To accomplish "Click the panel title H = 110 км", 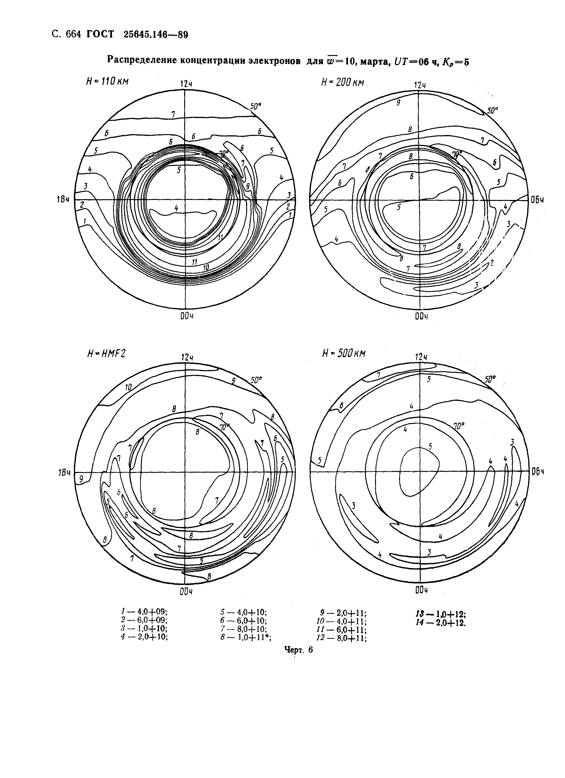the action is (x=107, y=82).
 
